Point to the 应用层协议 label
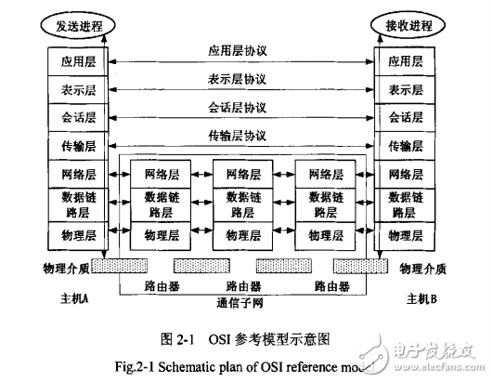point(243,52)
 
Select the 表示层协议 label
point(243,80)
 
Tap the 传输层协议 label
point(243,136)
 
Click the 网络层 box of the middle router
point(243,174)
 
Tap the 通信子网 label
point(243,301)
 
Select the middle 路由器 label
point(243,284)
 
